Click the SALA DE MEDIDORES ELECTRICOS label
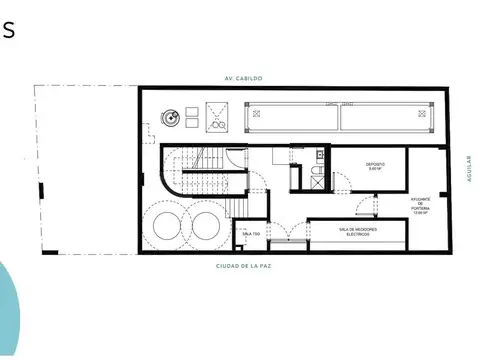coord(355,232)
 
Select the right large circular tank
coord(205,222)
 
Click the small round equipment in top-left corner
coord(175,117)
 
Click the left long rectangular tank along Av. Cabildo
coord(290,119)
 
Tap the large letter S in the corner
coord(8,29)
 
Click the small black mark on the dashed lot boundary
coord(40,191)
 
